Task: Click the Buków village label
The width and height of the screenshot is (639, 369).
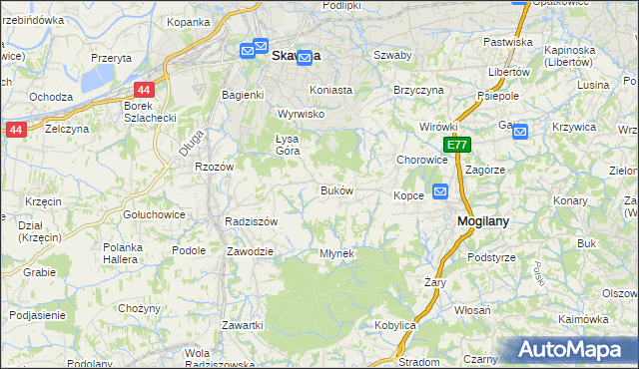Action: coord(336,190)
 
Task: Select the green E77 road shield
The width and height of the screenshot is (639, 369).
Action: coord(457,146)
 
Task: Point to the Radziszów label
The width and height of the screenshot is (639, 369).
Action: coord(251,221)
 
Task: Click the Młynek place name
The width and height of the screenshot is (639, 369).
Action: coord(336,253)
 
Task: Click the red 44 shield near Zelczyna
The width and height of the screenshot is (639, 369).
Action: coord(15,130)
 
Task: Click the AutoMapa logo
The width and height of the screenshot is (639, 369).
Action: coord(570,349)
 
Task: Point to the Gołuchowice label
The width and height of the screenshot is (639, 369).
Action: coord(149,214)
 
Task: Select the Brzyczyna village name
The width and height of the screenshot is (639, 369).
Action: coord(418,89)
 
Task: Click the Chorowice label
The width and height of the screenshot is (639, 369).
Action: coord(421,160)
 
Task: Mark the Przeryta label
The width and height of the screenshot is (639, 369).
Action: coord(111,58)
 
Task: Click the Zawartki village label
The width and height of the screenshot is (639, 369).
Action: coord(243,325)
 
